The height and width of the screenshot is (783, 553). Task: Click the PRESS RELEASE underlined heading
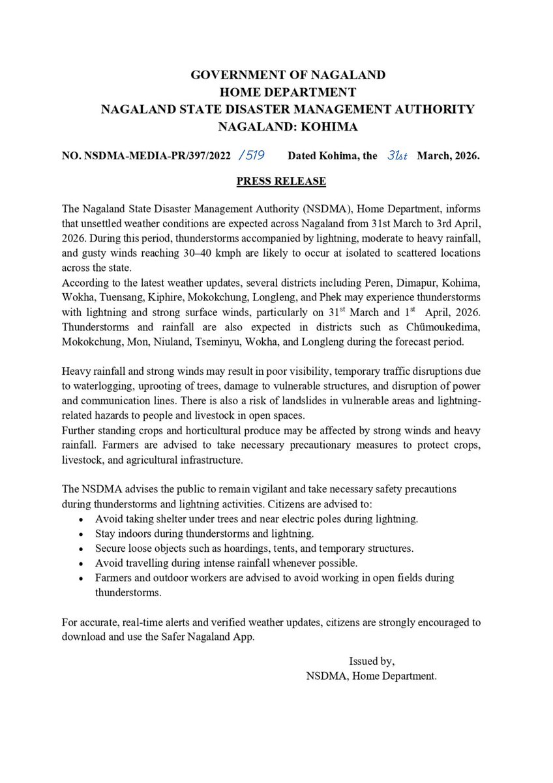coord(281,181)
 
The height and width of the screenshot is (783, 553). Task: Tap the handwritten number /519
coord(252,156)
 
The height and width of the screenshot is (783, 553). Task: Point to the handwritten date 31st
coord(395,156)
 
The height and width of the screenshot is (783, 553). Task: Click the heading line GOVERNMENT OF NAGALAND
coord(288,75)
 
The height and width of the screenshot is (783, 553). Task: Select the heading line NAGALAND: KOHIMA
coord(288,127)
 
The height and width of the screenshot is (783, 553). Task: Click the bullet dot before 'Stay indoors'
coord(80,535)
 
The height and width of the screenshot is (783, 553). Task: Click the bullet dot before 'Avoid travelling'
coord(80,564)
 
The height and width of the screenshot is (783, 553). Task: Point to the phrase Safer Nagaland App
coord(213,637)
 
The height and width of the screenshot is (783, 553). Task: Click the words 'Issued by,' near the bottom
coord(372,662)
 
